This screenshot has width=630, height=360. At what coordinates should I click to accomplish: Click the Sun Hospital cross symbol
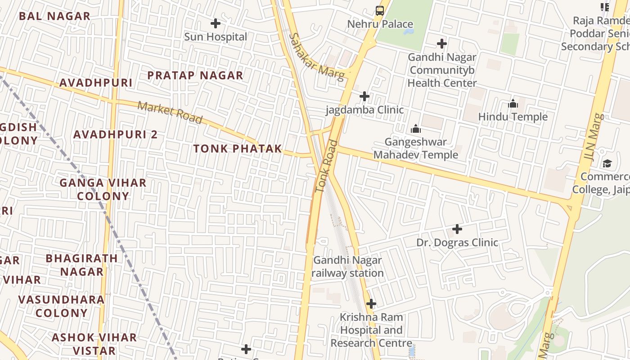click(216, 23)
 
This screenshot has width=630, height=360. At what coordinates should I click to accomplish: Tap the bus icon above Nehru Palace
click(380, 10)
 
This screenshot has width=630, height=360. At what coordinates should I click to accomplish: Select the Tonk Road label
click(327, 166)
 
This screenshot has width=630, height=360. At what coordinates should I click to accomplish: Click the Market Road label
click(170, 112)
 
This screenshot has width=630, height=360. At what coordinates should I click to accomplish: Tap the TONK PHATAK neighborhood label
click(238, 148)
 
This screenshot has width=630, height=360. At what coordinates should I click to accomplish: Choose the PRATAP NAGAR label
click(195, 75)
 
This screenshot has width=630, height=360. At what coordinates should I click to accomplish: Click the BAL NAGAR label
click(55, 16)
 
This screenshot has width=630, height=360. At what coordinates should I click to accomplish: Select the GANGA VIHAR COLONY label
click(103, 189)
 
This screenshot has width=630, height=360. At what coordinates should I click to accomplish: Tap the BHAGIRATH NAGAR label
click(82, 265)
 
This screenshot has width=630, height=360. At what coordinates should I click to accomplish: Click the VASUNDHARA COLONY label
click(62, 306)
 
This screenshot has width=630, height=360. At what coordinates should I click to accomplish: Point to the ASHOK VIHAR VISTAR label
click(94, 344)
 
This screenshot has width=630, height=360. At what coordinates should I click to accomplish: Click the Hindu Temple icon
click(513, 104)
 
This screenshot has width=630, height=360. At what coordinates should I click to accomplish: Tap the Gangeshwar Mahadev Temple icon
click(416, 129)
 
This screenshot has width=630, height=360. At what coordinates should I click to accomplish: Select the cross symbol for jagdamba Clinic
click(364, 96)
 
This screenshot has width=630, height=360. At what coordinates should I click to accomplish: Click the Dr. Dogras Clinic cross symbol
click(457, 229)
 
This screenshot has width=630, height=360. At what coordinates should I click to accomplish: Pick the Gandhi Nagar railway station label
click(347, 266)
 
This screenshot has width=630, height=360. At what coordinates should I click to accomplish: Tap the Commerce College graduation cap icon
click(607, 163)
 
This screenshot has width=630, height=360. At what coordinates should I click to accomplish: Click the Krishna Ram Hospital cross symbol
click(371, 304)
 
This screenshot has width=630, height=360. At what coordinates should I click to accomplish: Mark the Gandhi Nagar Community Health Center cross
click(442, 44)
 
